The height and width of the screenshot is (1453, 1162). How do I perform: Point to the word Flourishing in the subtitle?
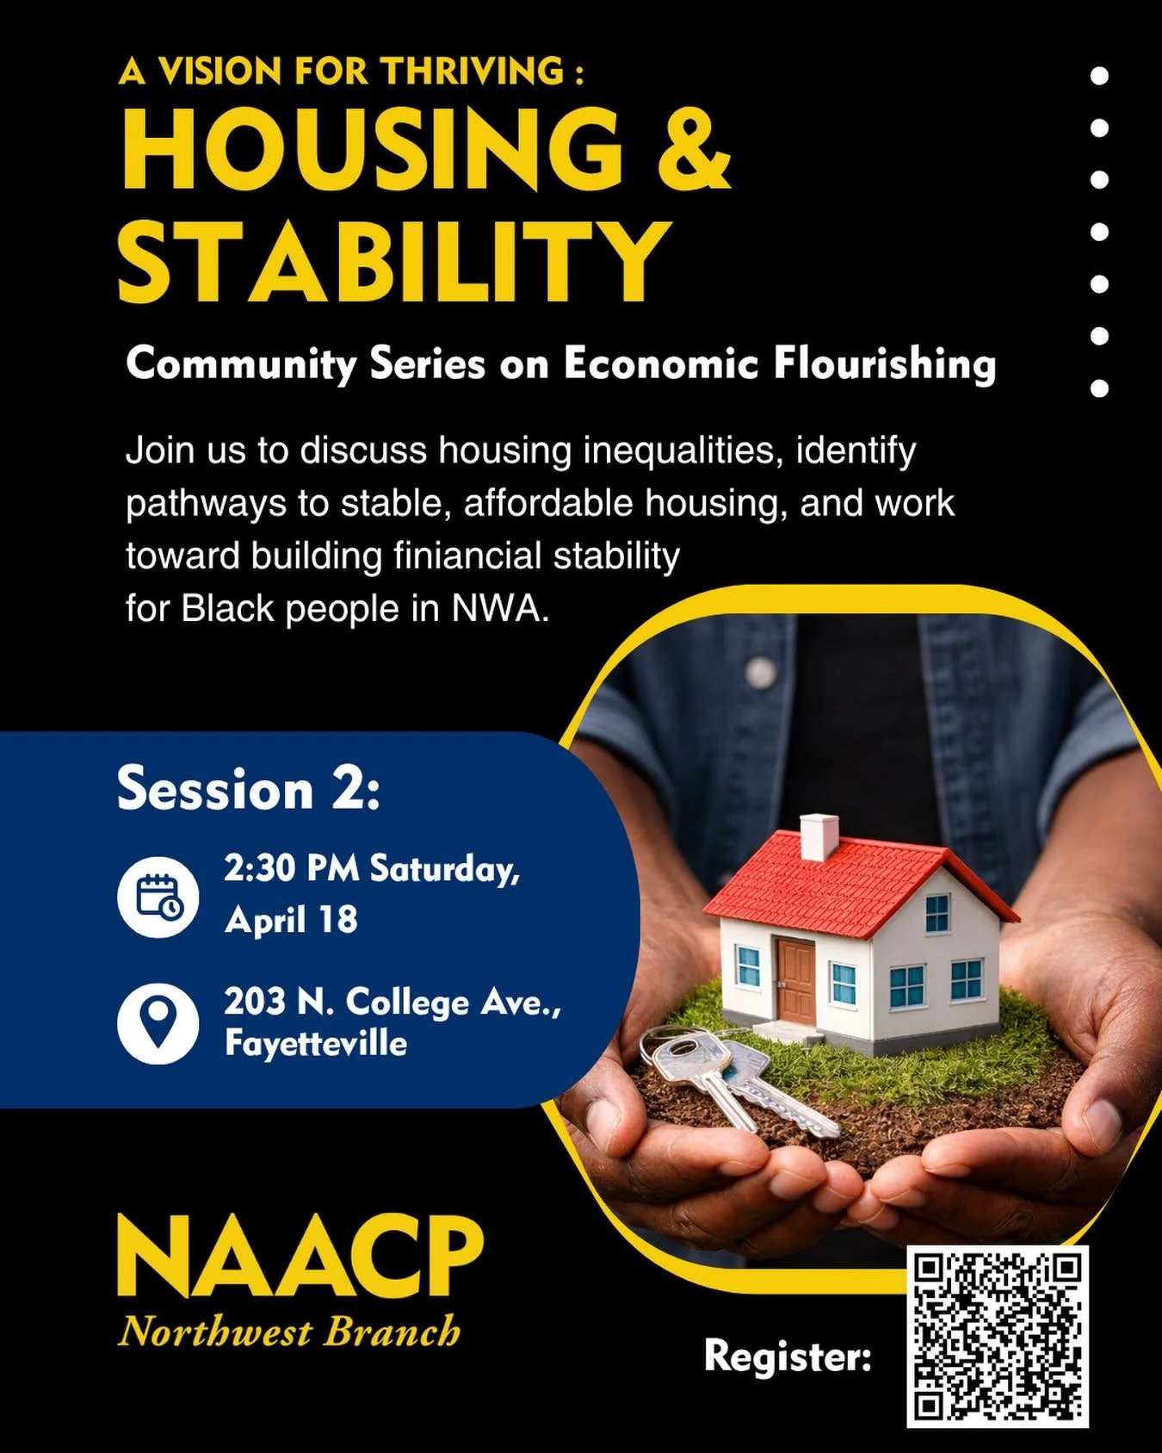click(x=884, y=363)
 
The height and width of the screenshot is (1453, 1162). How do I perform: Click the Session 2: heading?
click(x=249, y=788)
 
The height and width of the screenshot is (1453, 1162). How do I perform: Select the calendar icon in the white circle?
click(x=158, y=897)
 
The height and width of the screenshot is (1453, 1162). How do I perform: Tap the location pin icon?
click(x=158, y=1022)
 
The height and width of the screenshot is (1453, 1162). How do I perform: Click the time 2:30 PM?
click(x=292, y=868)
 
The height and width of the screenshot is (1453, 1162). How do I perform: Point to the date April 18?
click(x=291, y=920)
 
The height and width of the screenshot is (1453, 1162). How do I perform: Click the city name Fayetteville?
click(x=316, y=1043)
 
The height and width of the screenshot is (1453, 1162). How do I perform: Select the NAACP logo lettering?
click(x=300, y=1257)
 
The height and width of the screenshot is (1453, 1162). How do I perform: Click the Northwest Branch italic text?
click(x=290, y=1332)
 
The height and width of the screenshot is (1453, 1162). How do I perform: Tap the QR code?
click(x=998, y=1336)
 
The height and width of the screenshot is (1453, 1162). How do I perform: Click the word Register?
click(x=788, y=1356)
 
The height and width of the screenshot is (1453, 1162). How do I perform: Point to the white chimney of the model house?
click(x=819, y=836)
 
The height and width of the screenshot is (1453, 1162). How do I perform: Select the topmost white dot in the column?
click(x=1099, y=76)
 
